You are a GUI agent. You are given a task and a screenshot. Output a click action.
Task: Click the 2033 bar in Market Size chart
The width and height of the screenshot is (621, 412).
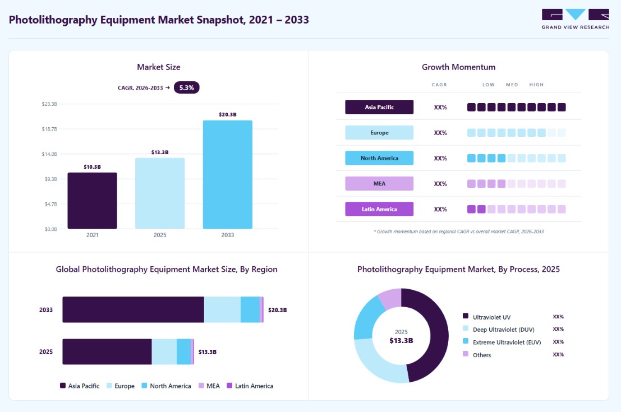click(227, 174)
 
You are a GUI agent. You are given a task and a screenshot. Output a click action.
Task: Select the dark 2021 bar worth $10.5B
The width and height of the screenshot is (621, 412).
click(92, 201)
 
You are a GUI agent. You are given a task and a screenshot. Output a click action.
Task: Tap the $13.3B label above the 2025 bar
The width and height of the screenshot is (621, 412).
click(160, 152)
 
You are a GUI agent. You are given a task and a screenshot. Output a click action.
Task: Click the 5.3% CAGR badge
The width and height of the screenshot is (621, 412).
click(187, 87)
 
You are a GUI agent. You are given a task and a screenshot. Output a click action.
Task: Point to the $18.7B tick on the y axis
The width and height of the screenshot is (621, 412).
click(49, 129)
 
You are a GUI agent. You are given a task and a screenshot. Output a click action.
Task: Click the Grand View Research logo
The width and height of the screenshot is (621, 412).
click(576, 19)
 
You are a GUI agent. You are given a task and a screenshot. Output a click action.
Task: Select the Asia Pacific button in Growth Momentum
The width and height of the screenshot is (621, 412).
click(379, 107)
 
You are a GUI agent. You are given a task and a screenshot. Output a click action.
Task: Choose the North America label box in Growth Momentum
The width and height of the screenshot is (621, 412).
click(379, 158)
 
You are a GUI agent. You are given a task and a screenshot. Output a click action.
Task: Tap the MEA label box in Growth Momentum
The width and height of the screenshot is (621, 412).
click(379, 184)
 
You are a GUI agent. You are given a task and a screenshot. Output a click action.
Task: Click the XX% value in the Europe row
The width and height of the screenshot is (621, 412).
click(440, 133)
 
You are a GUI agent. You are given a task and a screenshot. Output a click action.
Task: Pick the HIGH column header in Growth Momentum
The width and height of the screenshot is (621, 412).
click(537, 85)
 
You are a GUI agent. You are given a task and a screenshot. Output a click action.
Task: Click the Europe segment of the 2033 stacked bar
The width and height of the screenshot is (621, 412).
click(222, 309)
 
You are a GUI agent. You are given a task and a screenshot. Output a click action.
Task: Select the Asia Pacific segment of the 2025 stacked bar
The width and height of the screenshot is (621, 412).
click(107, 351)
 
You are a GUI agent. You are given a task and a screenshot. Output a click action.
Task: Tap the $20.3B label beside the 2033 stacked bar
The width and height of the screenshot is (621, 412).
click(277, 310)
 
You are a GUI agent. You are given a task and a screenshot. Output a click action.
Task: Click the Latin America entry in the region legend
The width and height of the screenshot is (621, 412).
click(250, 386)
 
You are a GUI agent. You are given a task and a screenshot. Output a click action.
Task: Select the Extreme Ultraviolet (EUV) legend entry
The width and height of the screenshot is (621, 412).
click(502, 342)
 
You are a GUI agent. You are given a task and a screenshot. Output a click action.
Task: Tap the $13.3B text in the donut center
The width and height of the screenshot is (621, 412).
click(401, 340)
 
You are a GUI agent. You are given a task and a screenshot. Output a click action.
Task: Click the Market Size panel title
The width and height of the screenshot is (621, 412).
click(159, 67)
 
